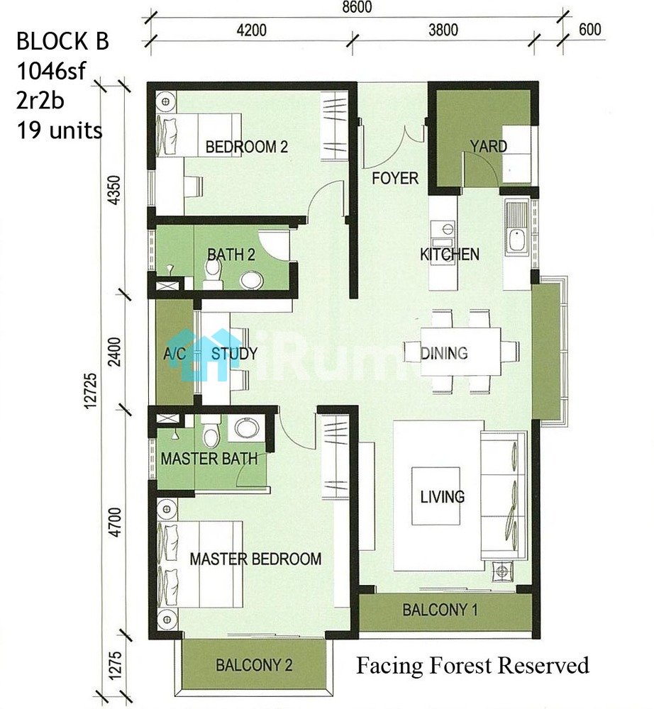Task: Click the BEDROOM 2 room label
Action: point(247,147)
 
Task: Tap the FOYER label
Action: point(395,178)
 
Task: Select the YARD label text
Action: point(489,146)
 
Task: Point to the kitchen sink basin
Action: point(516,240)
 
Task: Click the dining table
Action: point(460,352)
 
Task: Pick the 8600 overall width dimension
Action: point(357,7)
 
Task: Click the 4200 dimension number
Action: point(252,30)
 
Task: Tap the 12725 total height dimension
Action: point(91,391)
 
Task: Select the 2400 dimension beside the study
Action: point(116,352)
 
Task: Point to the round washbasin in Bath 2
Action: point(252,280)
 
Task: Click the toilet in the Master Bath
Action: point(211,432)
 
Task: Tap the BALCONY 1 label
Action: point(440,610)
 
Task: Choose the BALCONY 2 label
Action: point(254,665)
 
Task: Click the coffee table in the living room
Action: point(436,496)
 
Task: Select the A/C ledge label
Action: point(174,353)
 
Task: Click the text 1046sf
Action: point(51,71)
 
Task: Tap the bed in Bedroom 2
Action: point(198,135)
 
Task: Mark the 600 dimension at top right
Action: point(589,29)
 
